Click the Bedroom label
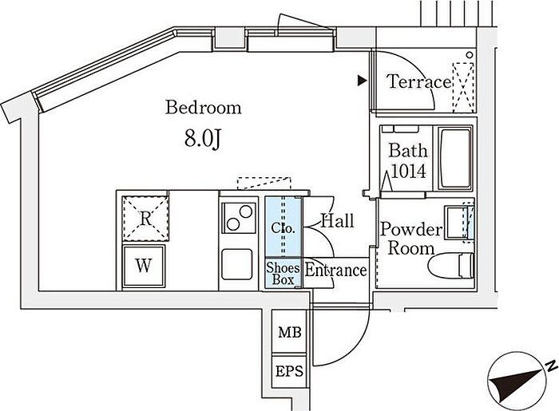[203, 108]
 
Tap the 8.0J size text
[203, 139]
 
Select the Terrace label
[419, 82]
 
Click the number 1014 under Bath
[408, 172]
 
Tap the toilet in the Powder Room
[450, 266]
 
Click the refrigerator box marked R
[145, 219]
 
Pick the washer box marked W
[144, 265]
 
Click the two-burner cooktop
[239, 218]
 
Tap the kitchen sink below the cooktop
[237, 264]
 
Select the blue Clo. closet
[283, 227]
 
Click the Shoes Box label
[283, 273]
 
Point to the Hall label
[337, 221]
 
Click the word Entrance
[335, 271]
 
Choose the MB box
[289, 332]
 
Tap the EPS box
[289, 371]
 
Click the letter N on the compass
[552, 365]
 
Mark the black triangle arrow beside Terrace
[363, 81]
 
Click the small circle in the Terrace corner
[470, 55]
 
